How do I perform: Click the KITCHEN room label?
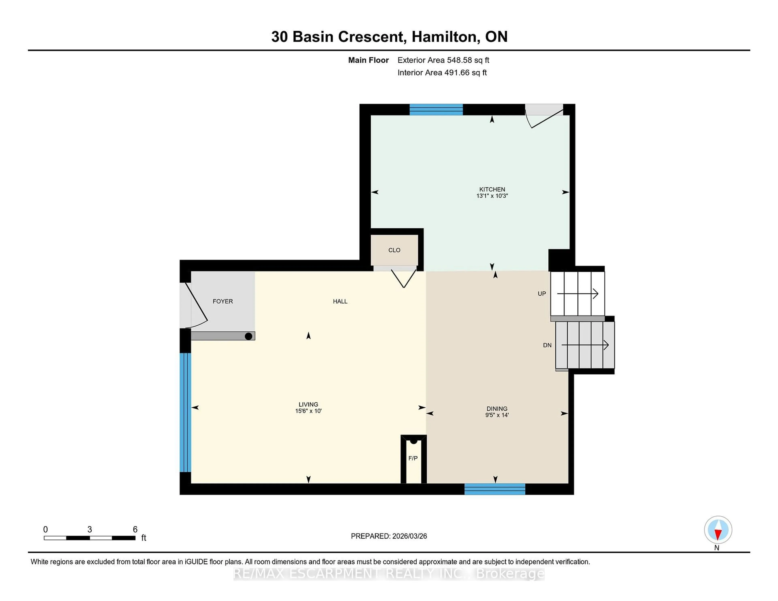(x=492, y=189)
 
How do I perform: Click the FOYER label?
(x=223, y=301)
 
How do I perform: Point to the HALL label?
(x=340, y=301)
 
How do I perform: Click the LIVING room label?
(x=308, y=404)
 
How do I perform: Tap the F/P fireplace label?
(x=413, y=458)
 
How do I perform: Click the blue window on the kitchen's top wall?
(x=436, y=110)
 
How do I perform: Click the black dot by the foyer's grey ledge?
(x=249, y=336)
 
